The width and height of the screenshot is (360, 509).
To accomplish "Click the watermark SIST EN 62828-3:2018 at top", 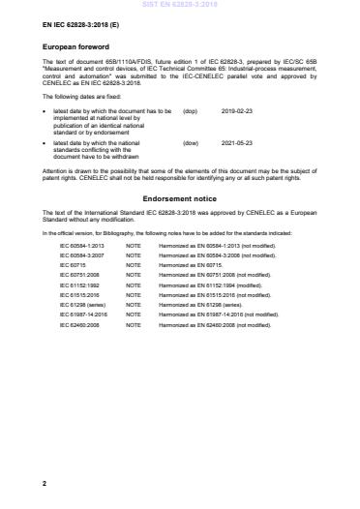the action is [x=179, y=5].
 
